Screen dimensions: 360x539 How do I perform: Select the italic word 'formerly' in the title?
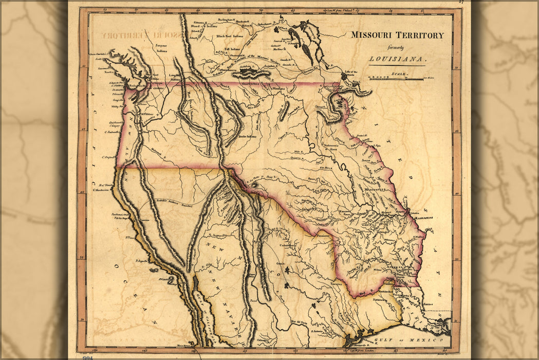tap(397, 47)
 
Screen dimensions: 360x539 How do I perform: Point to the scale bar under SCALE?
tap(396, 79)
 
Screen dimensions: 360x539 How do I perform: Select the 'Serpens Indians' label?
tap(161, 48)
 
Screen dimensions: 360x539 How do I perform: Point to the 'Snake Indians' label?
tap(247, 137)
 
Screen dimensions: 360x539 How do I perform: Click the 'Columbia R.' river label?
tap(156, 88)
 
